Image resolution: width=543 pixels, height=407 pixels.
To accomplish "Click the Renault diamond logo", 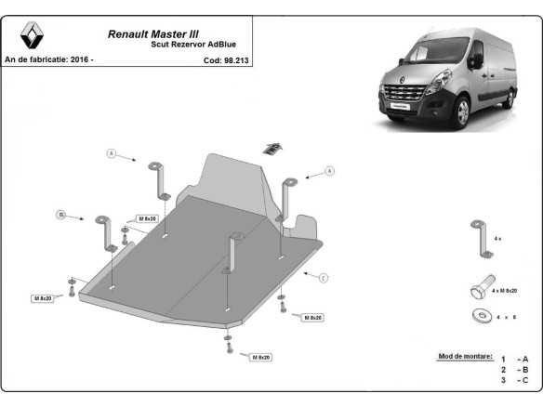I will tap(33, 37).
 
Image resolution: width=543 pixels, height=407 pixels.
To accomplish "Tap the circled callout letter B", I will tap(62, 215).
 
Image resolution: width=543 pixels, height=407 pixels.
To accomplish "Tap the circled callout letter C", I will tap(323, 277).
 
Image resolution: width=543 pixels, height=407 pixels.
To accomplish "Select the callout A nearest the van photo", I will tap(328, 172).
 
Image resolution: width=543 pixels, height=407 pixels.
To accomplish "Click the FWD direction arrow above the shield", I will tap(272, 146).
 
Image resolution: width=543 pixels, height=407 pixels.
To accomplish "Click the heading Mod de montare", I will tap(464, 357).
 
